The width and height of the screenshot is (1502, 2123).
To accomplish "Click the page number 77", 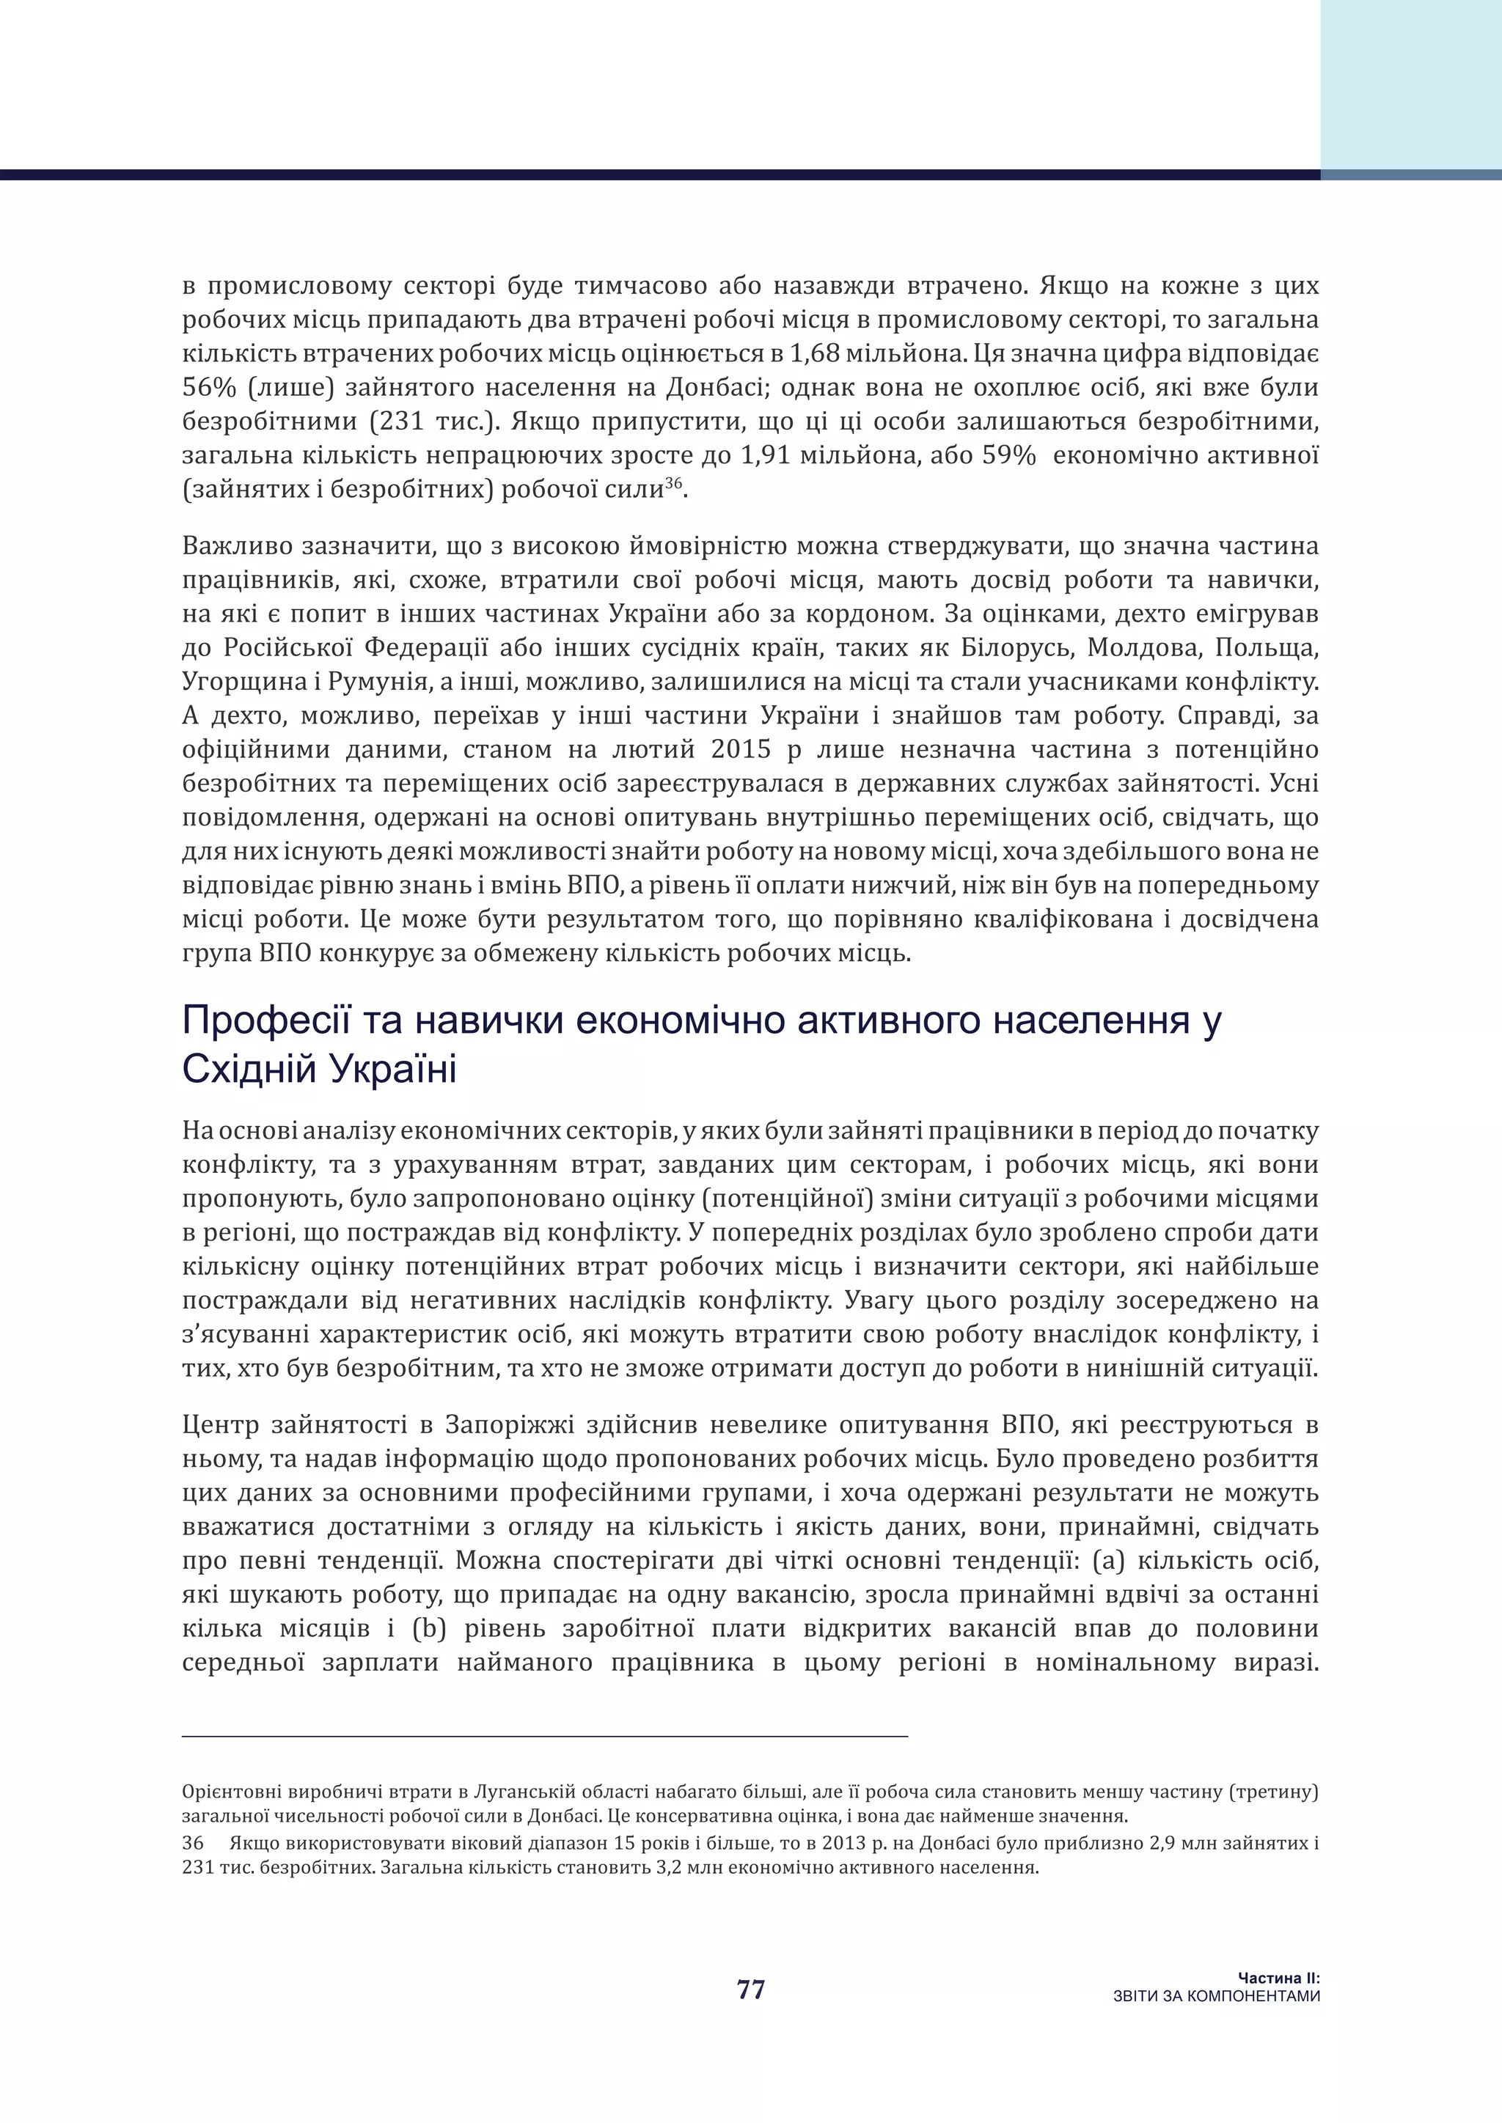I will [x=751, y=1989].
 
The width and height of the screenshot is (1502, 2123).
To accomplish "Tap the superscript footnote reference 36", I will [x=673, y=484].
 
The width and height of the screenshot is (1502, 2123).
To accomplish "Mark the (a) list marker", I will [x=1108, y=1561].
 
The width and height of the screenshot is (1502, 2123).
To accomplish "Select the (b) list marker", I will [x=429, y=1629].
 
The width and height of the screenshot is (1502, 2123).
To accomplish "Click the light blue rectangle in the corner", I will [x=1410, y=84].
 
